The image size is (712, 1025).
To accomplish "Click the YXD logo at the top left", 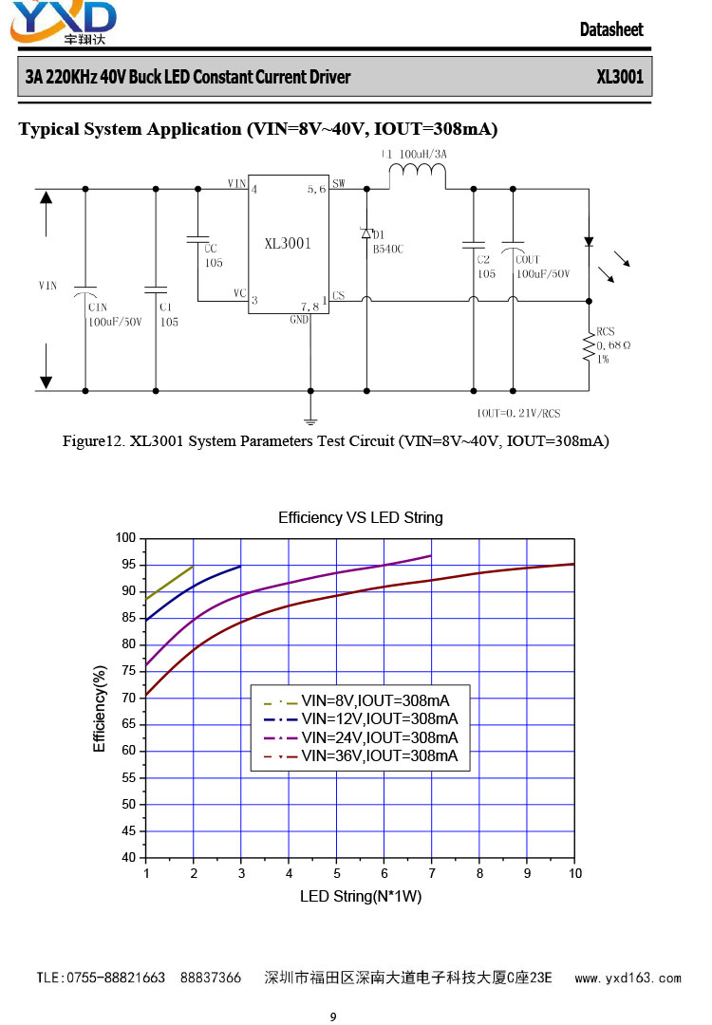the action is click(64, 22).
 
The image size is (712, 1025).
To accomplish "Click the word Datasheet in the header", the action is click(611, 29).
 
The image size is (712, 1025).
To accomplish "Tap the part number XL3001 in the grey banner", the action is click(620, 77).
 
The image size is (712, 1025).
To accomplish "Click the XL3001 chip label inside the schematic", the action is click(288, 244).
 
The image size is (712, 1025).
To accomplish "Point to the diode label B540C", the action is click(387, 249).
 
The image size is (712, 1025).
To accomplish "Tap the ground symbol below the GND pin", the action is click(310, 421).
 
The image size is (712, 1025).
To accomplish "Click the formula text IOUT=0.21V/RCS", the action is click(518, 413).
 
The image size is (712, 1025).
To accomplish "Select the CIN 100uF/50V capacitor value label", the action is click(115, 323).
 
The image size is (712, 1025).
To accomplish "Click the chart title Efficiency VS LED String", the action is click(360, 518).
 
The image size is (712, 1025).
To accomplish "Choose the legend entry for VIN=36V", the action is click(360, 756).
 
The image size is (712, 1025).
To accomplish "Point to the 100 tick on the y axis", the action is click(125, 538).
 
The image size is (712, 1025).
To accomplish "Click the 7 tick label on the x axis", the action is click(432, 873).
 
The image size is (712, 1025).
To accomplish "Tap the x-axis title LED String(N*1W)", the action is click(360, 896).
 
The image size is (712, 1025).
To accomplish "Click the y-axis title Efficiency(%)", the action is click(100, 709).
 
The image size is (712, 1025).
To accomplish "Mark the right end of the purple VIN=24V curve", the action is click(432, 555).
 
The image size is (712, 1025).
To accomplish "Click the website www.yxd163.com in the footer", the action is click(628, 978).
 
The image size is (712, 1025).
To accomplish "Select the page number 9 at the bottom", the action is click(333, 1016).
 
